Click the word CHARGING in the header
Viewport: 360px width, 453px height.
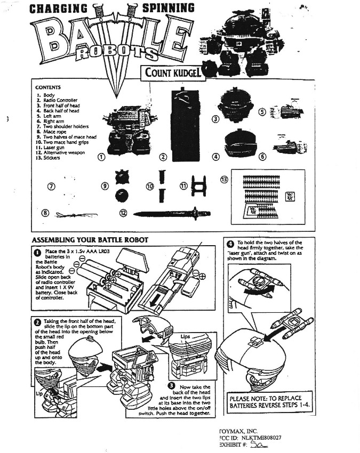(x=58, y=8)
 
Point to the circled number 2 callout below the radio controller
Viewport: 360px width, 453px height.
(x=164, y=157)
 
